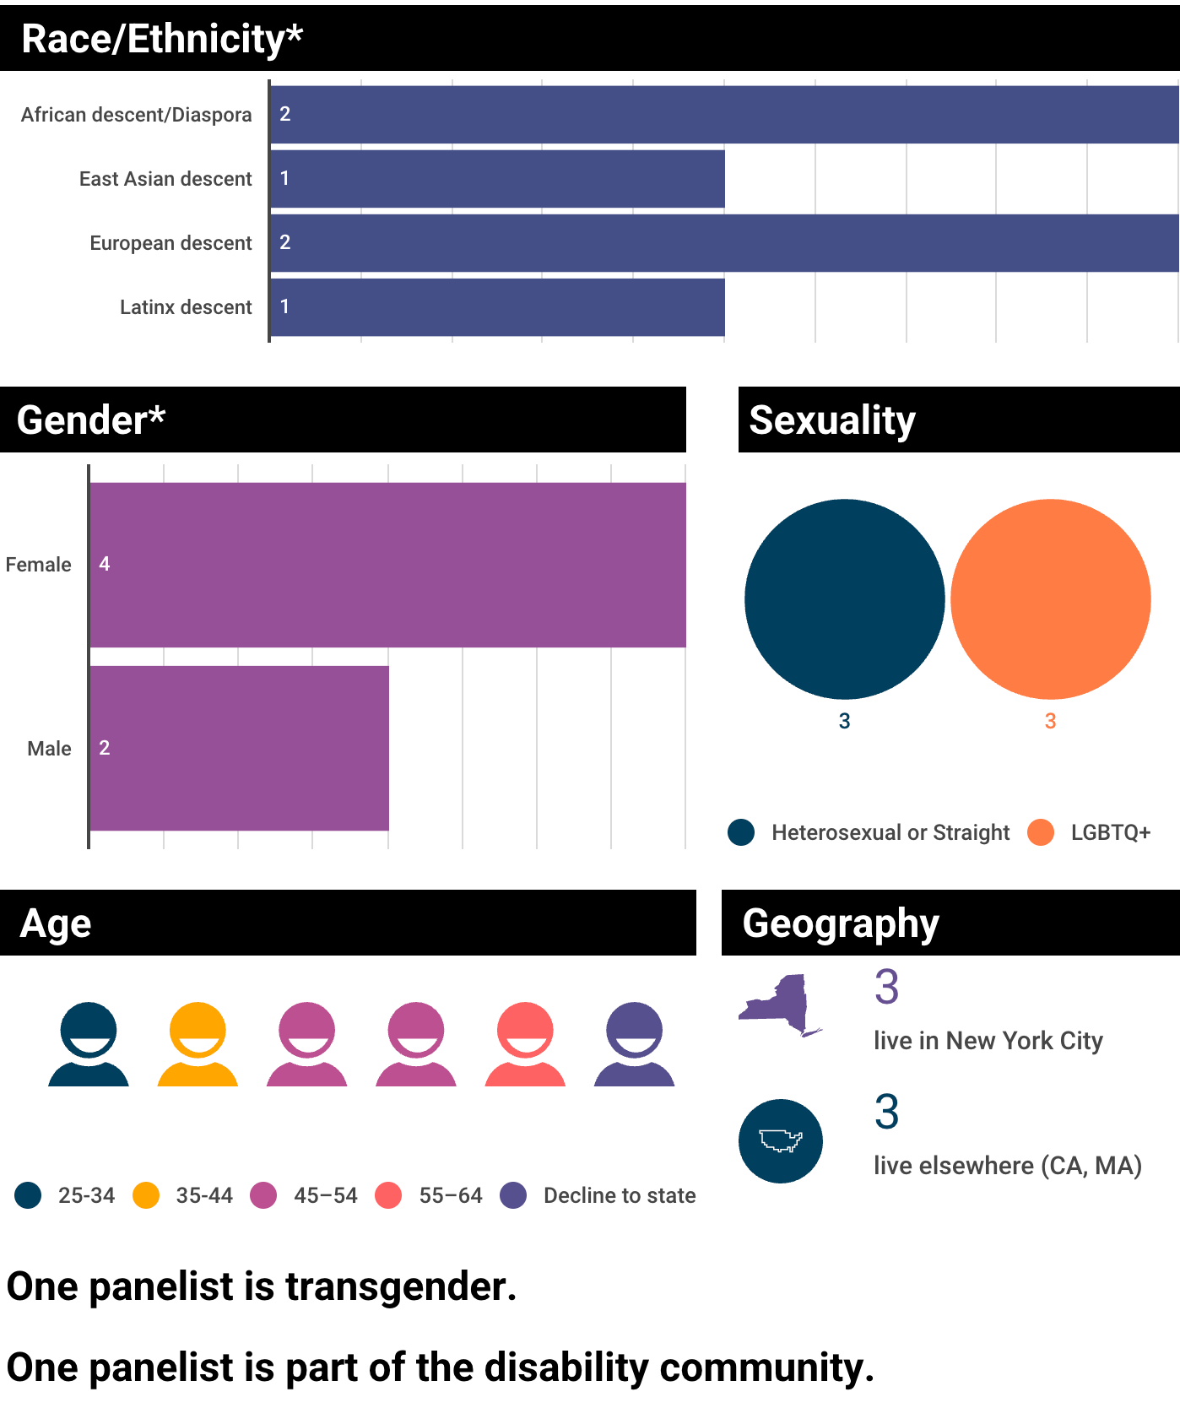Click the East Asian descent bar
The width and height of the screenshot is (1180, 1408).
click(497, 179)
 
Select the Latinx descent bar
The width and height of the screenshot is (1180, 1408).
click(497, 307)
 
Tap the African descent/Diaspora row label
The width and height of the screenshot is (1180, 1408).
click(137, 115)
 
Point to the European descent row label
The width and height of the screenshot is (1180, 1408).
click(171, 243)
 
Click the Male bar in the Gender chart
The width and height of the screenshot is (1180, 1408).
click(239, 748)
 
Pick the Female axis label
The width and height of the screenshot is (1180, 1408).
click(38, 565)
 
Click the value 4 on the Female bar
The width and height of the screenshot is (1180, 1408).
click(105, 564)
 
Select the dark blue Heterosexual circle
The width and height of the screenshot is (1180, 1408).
click(844, 599)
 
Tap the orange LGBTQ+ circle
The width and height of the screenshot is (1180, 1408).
click(1050, 599)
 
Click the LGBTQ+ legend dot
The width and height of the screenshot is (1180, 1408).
click(1041, 832)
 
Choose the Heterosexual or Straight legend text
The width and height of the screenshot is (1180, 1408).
click(890, 833)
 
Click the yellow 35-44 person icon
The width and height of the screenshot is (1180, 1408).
click(198, 1044)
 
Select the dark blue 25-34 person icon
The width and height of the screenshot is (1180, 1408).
click(89, 1044)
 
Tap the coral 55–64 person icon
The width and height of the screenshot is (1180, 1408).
click(525, 1044)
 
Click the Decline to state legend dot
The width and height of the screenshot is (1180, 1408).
click(513, 1195)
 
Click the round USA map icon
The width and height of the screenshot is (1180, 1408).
click(780, 1141)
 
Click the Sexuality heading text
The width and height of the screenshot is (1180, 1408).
click(832, 420)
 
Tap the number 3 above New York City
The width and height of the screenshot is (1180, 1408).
click(886, 987)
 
